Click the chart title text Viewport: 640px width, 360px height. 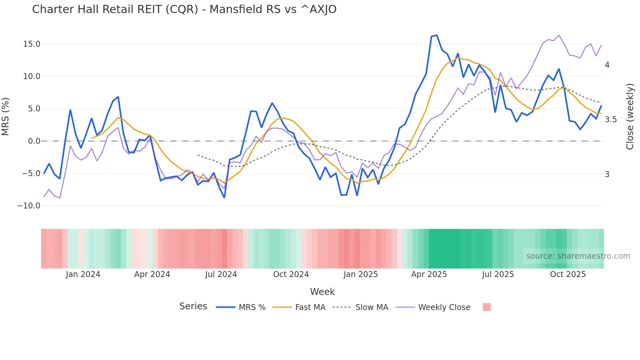pos(184,9)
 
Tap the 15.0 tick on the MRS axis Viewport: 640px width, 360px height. pos(32,44)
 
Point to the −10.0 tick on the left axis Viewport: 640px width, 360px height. pos(29,206)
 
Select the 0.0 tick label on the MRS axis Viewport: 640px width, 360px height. pos(34,141)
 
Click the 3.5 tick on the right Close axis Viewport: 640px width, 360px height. pos(611,120)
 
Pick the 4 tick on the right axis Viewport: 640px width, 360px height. pos(607,65)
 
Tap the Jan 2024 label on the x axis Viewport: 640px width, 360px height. pos(83,274)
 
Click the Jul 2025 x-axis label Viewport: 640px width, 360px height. pos(498,274)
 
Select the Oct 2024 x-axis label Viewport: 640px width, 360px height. pos(291,274)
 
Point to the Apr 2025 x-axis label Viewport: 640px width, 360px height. pos(429,274)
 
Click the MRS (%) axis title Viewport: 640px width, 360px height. pos(6,116)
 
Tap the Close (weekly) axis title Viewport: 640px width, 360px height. pos(630,116)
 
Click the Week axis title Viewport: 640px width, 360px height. pos(322,292)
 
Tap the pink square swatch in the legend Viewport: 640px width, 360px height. pos(487,307)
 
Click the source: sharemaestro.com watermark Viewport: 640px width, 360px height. pos(578,256)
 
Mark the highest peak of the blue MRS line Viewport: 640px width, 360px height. pos(437,35)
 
